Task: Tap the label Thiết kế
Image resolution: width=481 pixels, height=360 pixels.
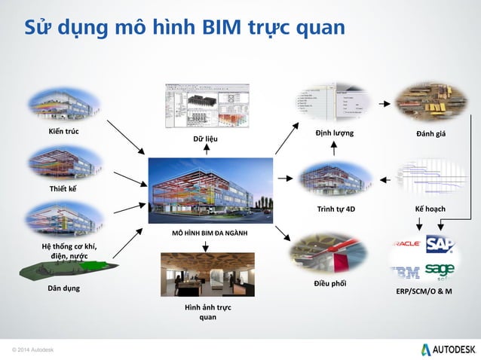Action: tap(63, 188)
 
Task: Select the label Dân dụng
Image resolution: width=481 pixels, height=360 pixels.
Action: tap(64, 288)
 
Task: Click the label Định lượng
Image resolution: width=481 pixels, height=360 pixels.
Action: tap(334, 134)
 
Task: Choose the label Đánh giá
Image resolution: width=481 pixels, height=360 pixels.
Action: tap(433, 134)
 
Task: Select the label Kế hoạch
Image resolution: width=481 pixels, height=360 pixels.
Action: tap(432, 207)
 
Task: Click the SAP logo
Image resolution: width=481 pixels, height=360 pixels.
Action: tap(440, 243)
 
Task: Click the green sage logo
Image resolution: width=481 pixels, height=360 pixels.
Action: tap(440, 270)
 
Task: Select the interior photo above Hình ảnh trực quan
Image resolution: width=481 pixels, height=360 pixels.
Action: tap(207, 274)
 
